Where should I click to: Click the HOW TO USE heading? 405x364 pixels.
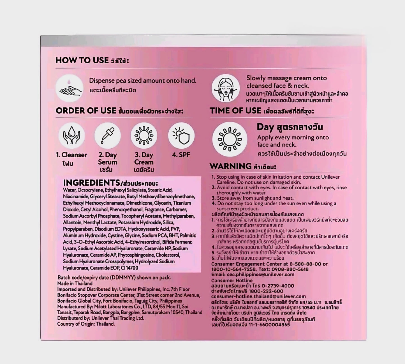(x=82, y=60)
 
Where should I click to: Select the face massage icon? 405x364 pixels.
(x=225, y=88)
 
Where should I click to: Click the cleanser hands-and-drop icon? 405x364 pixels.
(x=71, y=135)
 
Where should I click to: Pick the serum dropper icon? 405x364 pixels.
(x=108, y=135)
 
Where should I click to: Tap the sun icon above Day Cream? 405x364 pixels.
(x=144, y=135)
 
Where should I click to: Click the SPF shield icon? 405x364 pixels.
(x=181, y=135)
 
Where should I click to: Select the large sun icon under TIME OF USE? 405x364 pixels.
(x=230, y=139)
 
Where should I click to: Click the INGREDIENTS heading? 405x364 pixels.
(x=90, y=183)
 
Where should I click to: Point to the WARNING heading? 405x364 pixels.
(x=230, y=166)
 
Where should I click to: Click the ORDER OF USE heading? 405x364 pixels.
(x=86, y=111)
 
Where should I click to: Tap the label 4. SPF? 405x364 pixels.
(x=181, y=155)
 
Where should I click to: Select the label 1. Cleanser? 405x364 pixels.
(x=71, y=155)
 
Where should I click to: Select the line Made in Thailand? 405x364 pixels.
(x=75, y=284)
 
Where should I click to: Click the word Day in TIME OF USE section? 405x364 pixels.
(x=265, y=127)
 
